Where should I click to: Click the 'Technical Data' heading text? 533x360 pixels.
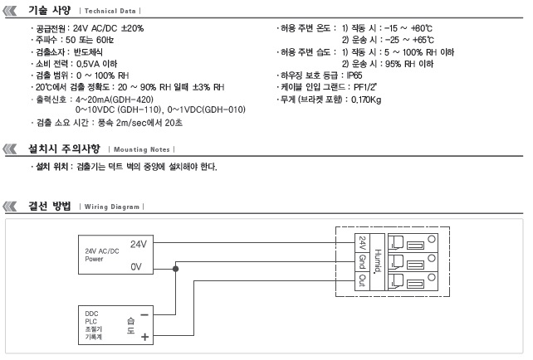110,11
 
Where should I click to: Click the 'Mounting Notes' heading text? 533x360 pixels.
141,149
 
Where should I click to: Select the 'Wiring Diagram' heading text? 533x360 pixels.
112,207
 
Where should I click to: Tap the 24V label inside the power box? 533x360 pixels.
139,244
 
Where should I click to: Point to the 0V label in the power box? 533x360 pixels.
136,266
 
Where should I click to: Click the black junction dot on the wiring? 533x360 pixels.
175,269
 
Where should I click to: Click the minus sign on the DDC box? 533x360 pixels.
144,315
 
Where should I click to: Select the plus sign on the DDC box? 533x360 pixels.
144,337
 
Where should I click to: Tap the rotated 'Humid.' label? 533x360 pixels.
377,260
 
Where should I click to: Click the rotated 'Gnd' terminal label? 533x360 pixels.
362,261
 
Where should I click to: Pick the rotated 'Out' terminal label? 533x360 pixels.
362,280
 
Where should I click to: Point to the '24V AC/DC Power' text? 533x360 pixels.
102,255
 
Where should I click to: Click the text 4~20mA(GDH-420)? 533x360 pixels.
115,100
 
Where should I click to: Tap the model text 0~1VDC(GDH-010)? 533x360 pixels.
207,109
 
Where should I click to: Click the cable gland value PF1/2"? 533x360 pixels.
365,87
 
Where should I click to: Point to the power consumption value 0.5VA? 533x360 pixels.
88,64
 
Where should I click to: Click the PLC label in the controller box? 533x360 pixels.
90,321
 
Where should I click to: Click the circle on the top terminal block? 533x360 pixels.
432,239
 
